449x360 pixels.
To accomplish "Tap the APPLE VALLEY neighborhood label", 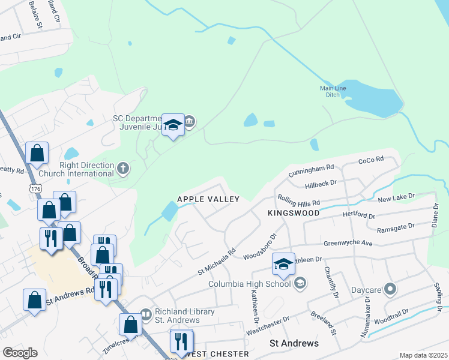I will click(x=208, y=199).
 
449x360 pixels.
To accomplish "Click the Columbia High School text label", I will click(x=249, y=284).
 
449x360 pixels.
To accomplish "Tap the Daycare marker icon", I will click(x=390, y=290).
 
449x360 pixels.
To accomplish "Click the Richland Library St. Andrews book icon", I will click(x=146, y=314).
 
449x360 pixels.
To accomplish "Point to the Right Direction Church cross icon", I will click(x=123, y=167).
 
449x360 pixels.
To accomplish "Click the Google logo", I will click(x=20, y=352).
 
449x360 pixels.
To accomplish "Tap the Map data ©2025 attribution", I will click(x=423, y=355).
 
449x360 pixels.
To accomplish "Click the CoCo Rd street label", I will click(x=370, y=161).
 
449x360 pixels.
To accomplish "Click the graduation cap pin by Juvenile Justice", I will click(x=173, y=125).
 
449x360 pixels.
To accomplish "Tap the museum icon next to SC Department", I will click(x=190, y=122).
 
